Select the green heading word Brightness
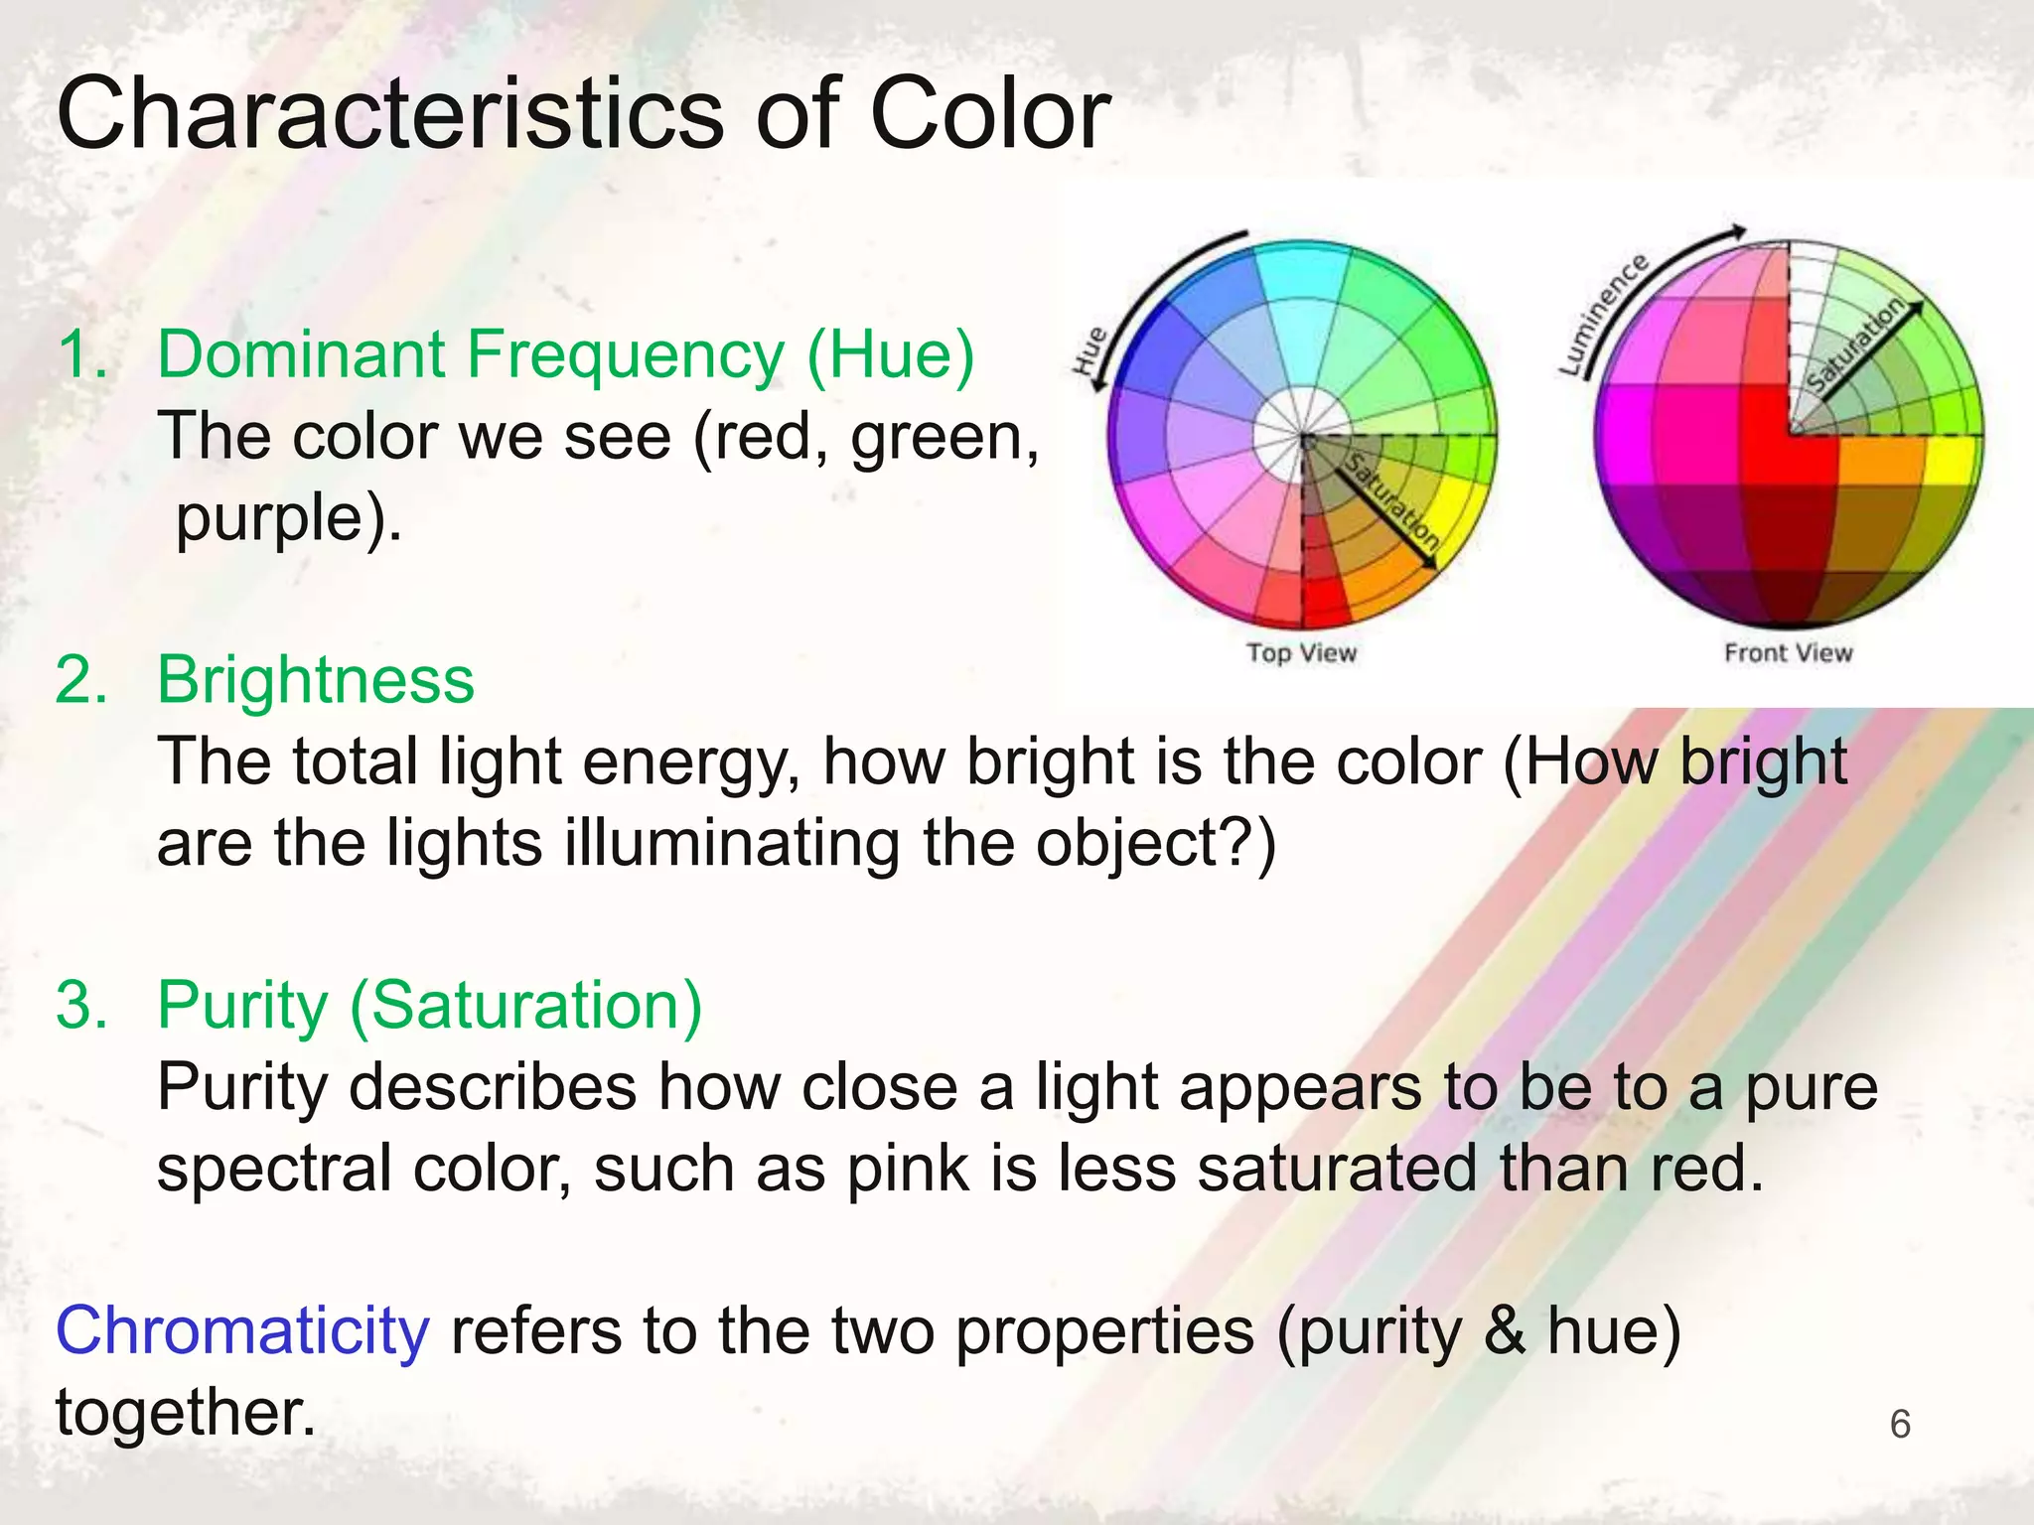click(x=316, y=681)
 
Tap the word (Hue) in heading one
click(x=890, y=354)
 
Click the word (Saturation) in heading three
click(x=526, y=1006)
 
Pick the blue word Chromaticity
click(x=242, y=1330)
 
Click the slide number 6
click(x=1900, y=1424)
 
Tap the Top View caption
click(x=1301, y=653)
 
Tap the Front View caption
click(x=1788, y=653)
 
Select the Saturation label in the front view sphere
click(x=1854, y=345)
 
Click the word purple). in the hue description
click(x=289, y=518)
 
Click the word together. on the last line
click(x=186, y=1412)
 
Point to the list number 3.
click(x=81, y=1006)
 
